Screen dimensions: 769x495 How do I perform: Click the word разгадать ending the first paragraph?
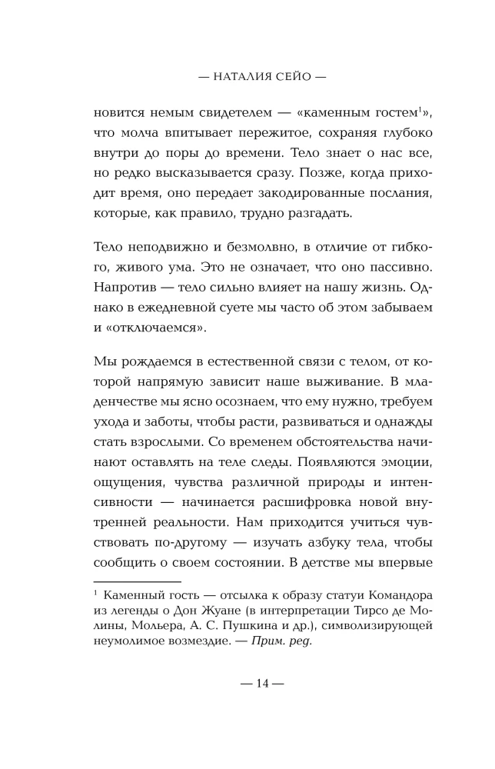(320, 213)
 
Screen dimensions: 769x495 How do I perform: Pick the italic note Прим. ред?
(281, 641)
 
